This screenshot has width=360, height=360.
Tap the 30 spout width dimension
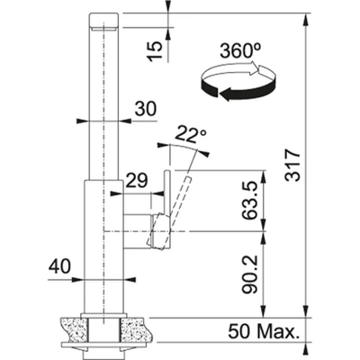click(145, 108)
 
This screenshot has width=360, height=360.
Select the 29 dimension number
click(137, 181)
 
